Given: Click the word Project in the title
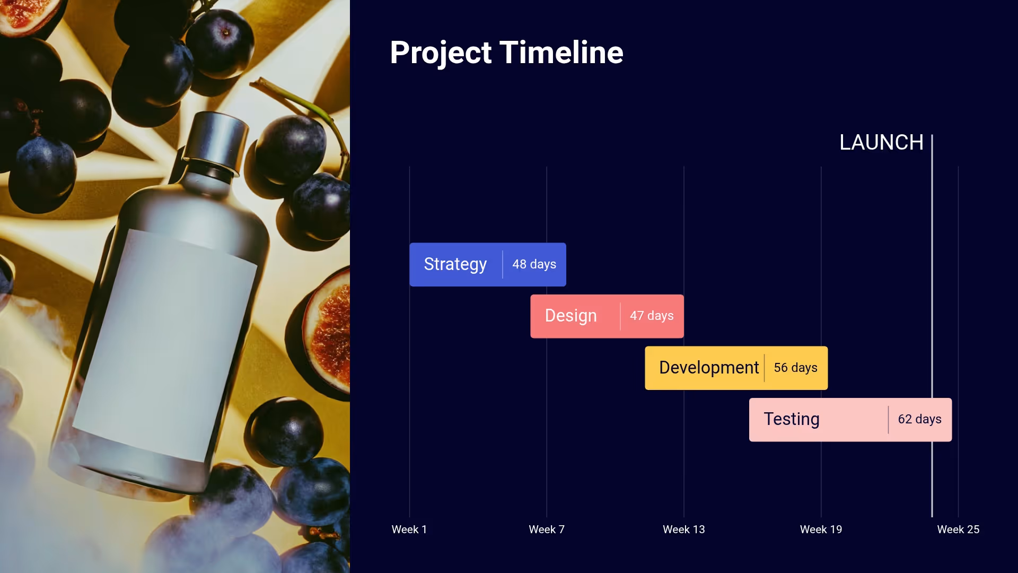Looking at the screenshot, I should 441,53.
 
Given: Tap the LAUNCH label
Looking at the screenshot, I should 881,142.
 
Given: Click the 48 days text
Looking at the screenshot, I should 534,264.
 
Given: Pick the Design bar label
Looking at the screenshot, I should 571,316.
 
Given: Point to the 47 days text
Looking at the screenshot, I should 652,316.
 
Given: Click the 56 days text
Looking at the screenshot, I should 795,368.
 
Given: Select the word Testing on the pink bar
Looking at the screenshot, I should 791,419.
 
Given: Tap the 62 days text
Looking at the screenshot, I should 919,419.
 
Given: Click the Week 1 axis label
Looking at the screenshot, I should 409,529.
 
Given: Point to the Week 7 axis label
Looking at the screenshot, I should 546,529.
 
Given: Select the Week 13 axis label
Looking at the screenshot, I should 683,529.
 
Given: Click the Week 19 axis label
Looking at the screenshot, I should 821,529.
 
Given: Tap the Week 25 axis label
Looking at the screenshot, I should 958,529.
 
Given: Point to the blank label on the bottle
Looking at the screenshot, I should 164,345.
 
